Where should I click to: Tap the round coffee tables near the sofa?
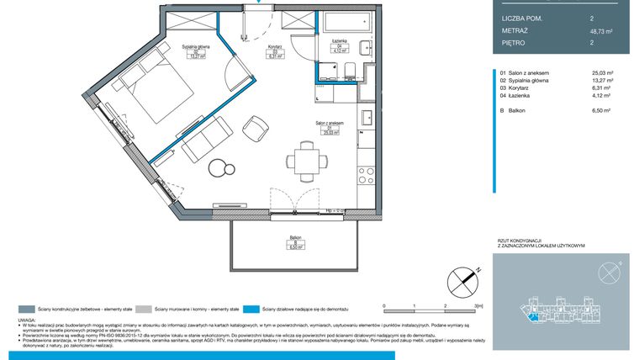[220, 167]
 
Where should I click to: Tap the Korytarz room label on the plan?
[273, 50]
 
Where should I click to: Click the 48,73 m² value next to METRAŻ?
[601, 30]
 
